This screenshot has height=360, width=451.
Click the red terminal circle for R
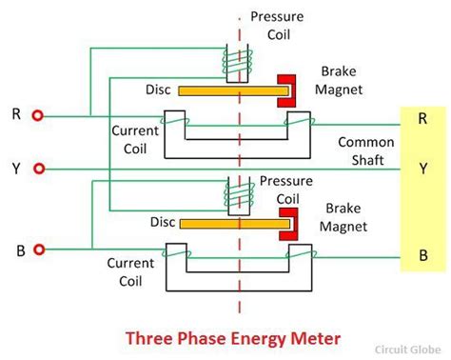[x=38, y=116]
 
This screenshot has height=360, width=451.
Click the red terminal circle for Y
[x=38, y=169]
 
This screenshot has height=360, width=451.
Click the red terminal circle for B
[x=38, y=250]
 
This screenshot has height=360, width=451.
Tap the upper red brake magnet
[x=284, y=90]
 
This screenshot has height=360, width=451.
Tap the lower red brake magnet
[x=284, y=225]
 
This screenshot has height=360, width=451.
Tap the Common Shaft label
[x=360, y=150]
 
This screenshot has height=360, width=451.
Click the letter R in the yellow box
[x=422, y=119]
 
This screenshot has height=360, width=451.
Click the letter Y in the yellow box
[x=422, y=169]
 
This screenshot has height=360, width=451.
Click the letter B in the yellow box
[x=422, y=254]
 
